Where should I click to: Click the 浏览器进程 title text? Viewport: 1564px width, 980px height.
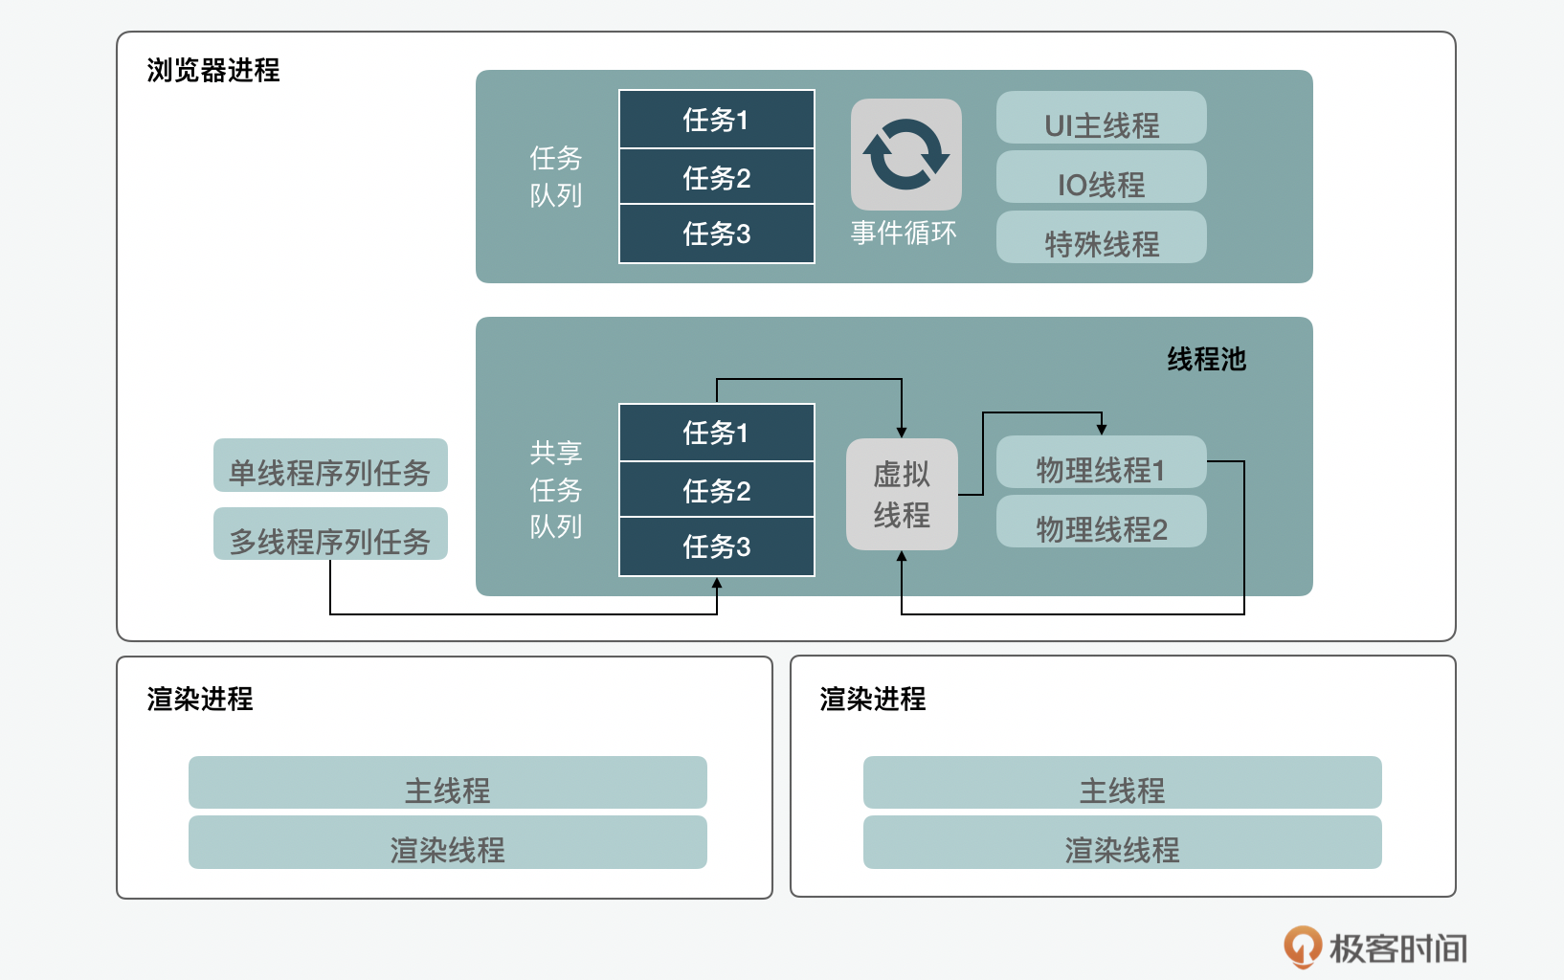tap(212, 70)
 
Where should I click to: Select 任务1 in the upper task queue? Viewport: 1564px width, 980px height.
tap(716, 120)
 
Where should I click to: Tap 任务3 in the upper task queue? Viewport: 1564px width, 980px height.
tap(716, 234)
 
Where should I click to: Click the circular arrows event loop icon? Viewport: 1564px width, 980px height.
tap(905, 154)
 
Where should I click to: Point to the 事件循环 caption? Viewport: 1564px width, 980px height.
tap(904, 233)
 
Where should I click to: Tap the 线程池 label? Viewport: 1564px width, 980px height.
tap(1206, 359)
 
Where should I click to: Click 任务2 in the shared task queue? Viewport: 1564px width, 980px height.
tap(716, 490)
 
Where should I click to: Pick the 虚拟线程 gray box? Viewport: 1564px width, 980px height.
tap(902, 494)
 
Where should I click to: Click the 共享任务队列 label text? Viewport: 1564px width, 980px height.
tap(556, 489)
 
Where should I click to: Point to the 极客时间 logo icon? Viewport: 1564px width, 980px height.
tap(1302, 947)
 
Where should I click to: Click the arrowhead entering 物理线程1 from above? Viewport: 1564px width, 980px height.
tap(1102, 428)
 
